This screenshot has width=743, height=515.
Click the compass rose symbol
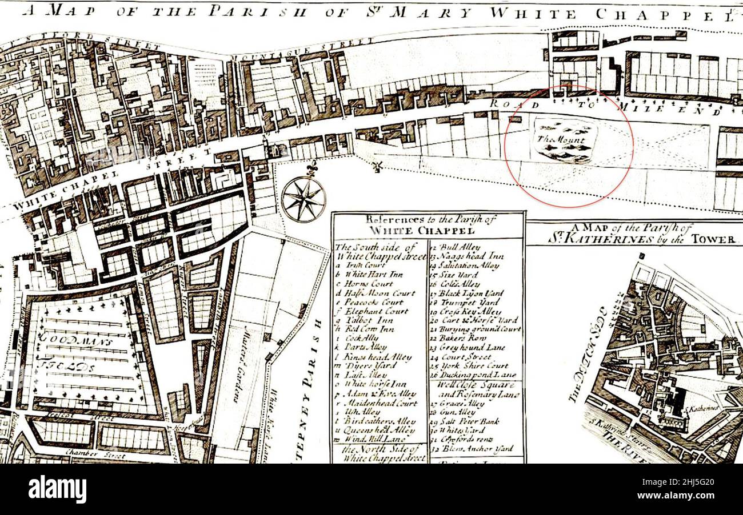tap(303, 199)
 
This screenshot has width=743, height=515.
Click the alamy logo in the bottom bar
tap(57, 489)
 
